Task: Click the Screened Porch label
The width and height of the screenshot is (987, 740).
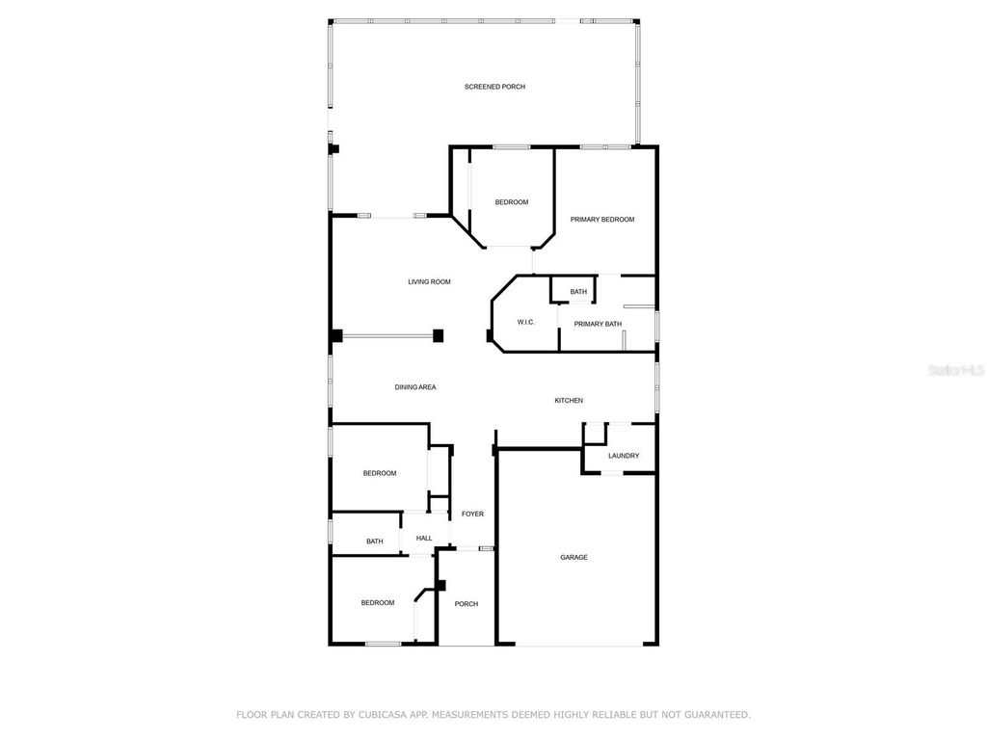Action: tap(494, 87)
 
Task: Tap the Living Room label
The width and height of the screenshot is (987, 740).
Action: tap(429, 282)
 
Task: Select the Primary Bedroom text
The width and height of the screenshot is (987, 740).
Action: tap(602, 220)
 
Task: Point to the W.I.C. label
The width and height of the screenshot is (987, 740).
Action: tap(525, 322)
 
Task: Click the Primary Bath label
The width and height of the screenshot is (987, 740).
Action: tap(598, 324)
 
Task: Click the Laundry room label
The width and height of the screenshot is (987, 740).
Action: tap(624, 456)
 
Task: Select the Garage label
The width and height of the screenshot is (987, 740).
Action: tap(574, 557)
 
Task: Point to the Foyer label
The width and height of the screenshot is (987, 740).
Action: tap(472, 514)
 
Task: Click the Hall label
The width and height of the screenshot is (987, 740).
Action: tap(424, 539)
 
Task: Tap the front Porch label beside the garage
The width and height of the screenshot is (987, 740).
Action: tap(467, 604)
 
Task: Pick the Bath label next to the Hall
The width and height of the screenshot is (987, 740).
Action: tap(374, 542)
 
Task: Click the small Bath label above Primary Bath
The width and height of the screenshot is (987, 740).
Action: tap(578, 292)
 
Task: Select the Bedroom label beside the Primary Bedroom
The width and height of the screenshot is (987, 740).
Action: tap(512, 202)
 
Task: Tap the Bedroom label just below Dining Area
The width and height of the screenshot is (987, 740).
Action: tap(379, 473)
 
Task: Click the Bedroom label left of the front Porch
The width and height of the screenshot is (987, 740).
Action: tap(378, 603)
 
